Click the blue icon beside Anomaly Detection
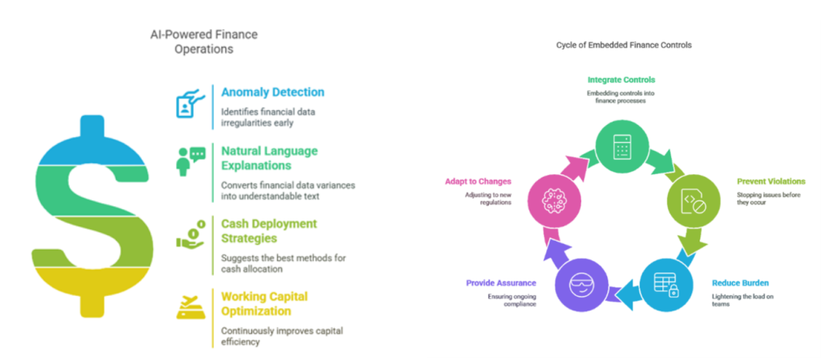tap(189, 104)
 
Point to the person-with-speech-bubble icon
tap(190, 161)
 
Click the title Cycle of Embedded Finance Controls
tap(623, 45)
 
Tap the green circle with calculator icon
tap(621, 147)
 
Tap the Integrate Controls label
tap(622, 80)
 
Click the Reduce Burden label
tap(739, 283)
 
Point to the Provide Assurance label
tap(501, 283)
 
